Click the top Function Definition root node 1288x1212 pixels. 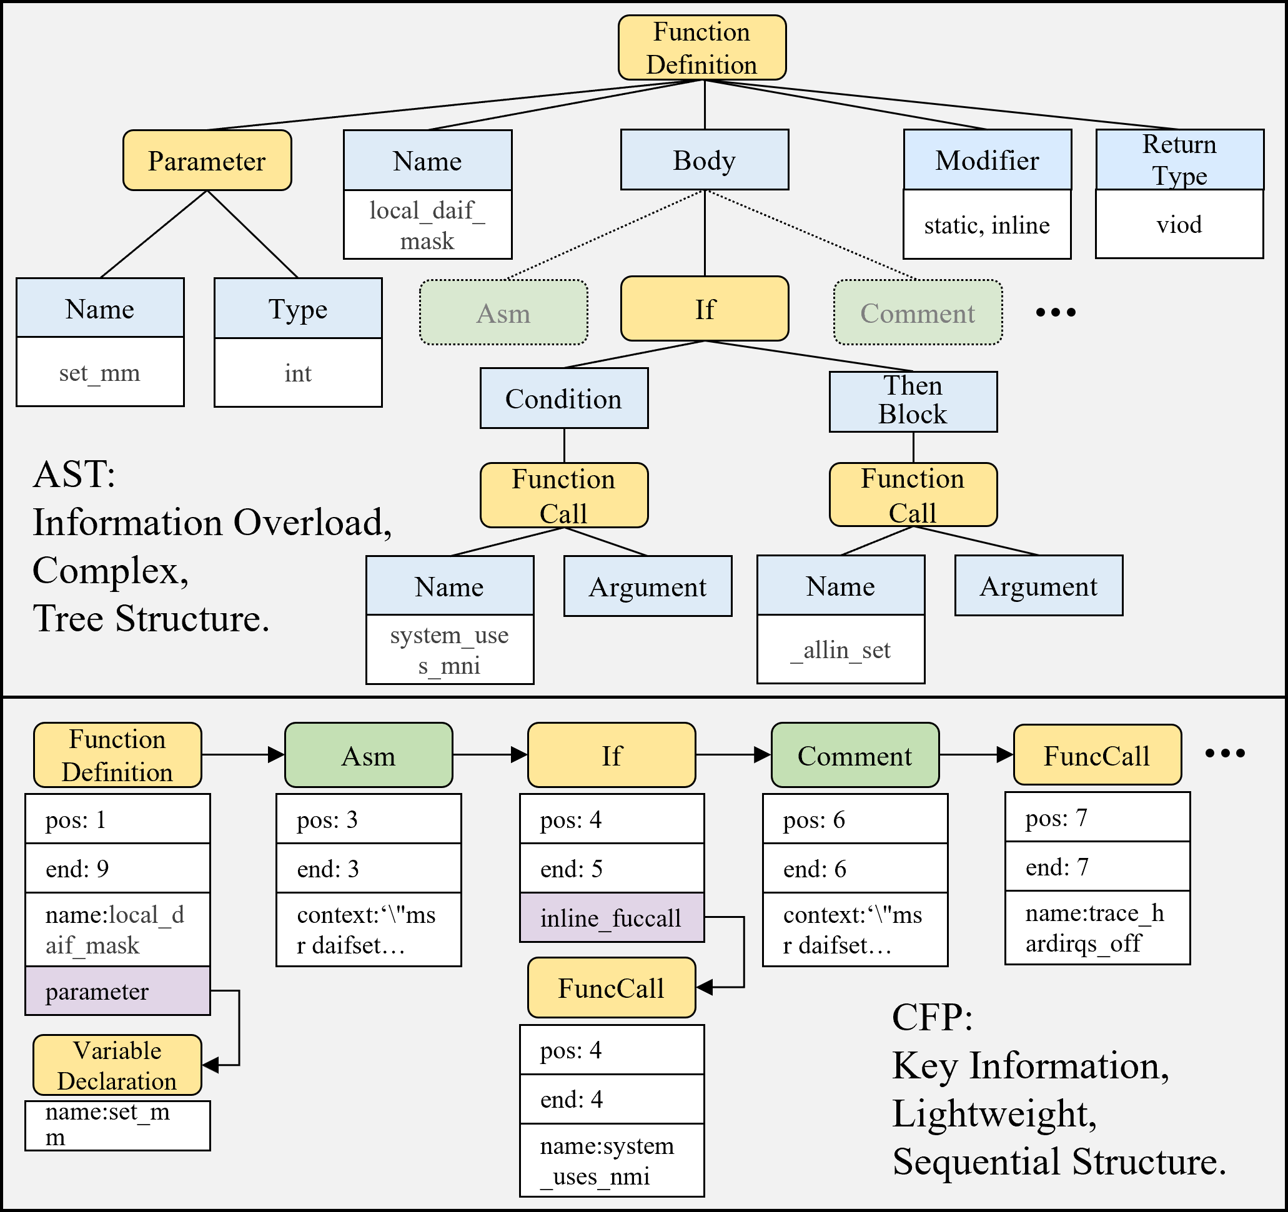[x=701, y=48]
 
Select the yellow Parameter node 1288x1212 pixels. [x=207, y=160]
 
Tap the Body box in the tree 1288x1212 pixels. [x=704, y=160]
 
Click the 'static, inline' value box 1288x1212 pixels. [x=987, y=225]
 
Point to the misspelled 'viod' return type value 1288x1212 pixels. [x=1179, y=224]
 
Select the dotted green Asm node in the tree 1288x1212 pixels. [x=503, y=313]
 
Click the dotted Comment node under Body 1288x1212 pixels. [x=918, y=313]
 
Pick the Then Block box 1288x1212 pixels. [x=913, y=401]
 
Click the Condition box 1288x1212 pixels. [x=563, y=398]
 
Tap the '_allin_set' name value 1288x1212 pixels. [x=840, y=649]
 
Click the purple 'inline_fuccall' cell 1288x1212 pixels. [x=611, y=918]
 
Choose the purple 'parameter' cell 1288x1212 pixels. [x=117, y=991]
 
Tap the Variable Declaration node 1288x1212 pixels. [x=117, y=1066]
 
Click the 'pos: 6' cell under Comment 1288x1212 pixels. [x=855, y=819]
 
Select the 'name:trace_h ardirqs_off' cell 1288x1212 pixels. [x=1097, y=928]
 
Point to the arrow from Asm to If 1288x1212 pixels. [x=490, y=755]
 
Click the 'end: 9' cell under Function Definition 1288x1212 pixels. [x=117, y=869]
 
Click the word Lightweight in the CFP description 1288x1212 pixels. [x=994, y=1113]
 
